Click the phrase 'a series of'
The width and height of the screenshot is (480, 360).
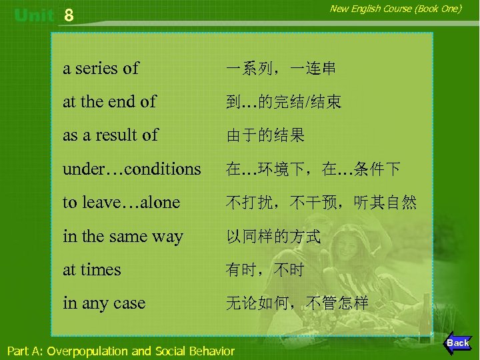click(x=101, y=68)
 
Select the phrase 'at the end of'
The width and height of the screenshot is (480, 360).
click(x=109, y=102)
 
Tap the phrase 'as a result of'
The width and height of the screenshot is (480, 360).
click(x=110, y=135)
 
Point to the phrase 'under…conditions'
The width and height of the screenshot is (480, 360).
click(x=131, y=169)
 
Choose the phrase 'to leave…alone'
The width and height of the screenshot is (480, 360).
click(x=121, y=203)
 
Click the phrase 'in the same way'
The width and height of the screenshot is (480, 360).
click(x=123, y=236)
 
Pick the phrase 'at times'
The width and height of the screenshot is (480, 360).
click(x=92, y=270)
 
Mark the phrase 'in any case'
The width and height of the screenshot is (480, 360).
click(x=103, y=303)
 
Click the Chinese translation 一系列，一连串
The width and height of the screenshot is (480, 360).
click(x=281, y=69)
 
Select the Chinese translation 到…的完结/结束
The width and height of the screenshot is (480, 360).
click(x=284, y=102)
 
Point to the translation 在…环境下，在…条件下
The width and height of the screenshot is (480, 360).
click(x=313, y=169)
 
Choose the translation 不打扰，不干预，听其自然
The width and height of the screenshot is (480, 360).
click(x=321, y=203)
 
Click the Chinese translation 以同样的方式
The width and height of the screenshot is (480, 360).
click(x=273, y=236)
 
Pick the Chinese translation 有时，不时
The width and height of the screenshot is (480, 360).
click(x=265, y=270)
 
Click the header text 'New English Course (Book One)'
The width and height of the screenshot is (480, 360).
click(x=396, y=9)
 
